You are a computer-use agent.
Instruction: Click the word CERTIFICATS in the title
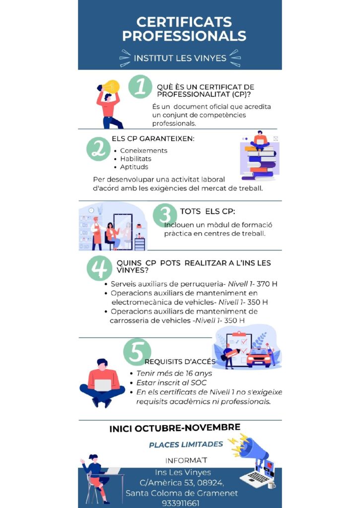pyautogui.click(x=184, y=22)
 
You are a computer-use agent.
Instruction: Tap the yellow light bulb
pyautogui.click(x=111, y=87)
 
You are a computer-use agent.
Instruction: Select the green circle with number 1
pyautogui.click(x=140, y=86)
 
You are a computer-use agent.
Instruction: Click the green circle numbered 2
pyautogui.click(x=98, y=149)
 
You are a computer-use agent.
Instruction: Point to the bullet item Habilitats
pyautogui.click(x=136, y=159)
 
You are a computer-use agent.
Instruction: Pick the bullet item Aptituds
pyautogui.click(x=134, y=167)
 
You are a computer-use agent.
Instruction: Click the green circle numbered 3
pyautogui.click(x=164, y=215)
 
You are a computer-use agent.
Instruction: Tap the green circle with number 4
pyautogui.click(x=99, y=268)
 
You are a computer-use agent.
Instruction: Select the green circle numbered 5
pyautogui.click(x=137, y=352)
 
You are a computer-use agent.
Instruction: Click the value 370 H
pyautogui.click(x=267, y=284)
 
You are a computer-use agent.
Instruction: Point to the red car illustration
pyautogui.click(x=259, y=357)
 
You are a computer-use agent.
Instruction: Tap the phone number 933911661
pyautogui.click(x=181, y=503)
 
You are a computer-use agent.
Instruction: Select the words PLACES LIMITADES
pyautogui.click(x=186, y=444)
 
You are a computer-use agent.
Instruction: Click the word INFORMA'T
pyautogui.click(x=186, y=460)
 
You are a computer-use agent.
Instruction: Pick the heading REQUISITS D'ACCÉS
pyautogui.click(x=180, y=362)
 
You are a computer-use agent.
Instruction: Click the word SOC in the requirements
pyautogui.click(x=199, y=382)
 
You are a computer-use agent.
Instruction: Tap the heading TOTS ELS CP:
pyautogui.click(x=208, y=211)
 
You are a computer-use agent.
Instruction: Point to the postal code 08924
pyautogui.click(x=210, y=483)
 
